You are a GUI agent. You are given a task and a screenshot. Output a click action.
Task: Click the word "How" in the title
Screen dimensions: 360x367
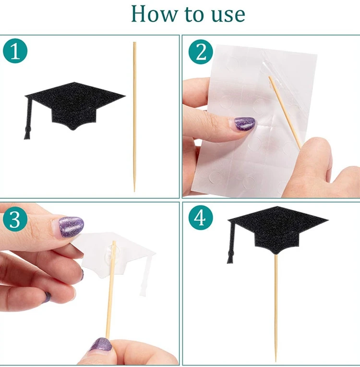154,14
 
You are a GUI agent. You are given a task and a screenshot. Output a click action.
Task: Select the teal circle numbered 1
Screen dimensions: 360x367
15,51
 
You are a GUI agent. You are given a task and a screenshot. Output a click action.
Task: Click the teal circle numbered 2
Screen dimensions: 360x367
201,52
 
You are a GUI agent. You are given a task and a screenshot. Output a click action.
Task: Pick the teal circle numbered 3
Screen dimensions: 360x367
15,220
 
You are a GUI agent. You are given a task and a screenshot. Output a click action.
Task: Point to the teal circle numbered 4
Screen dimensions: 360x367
201,218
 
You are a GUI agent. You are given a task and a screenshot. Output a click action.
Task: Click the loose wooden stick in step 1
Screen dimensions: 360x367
134,117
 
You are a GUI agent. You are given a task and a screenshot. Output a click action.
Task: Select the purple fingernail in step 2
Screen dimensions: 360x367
244,123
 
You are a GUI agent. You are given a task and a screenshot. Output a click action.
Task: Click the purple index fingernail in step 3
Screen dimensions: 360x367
71,227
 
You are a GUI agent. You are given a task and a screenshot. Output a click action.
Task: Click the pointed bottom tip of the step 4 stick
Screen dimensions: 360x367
276,361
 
